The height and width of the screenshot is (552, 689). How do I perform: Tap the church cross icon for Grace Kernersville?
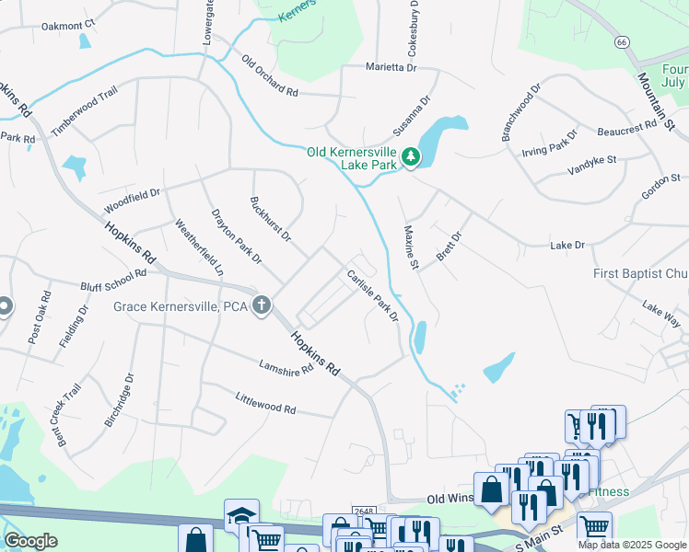[262, 305]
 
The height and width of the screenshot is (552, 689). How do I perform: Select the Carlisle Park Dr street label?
[372, 295]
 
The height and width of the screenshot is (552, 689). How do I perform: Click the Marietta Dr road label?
[391, 67]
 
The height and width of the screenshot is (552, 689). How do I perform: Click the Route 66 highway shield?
[623, 42]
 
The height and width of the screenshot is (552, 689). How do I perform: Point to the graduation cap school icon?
[241, 515]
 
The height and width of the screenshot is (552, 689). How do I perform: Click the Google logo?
[30, 541]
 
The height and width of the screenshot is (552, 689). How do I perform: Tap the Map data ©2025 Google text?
[632, 545]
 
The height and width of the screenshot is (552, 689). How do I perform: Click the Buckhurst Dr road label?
[271, 220]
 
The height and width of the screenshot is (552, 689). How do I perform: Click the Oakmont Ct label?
[68, 25]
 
